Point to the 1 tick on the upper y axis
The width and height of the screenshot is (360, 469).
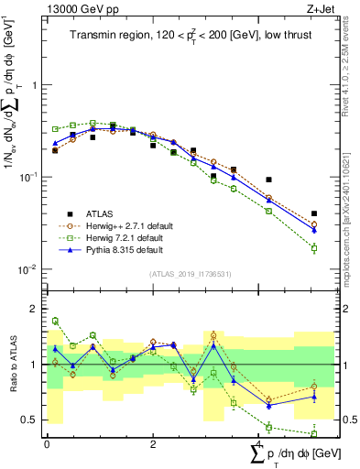click(38, 84)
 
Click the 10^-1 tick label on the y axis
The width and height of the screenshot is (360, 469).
click(32, 177)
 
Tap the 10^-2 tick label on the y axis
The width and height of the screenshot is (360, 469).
click(32, 269)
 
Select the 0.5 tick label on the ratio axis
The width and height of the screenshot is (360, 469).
click(33, 420)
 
